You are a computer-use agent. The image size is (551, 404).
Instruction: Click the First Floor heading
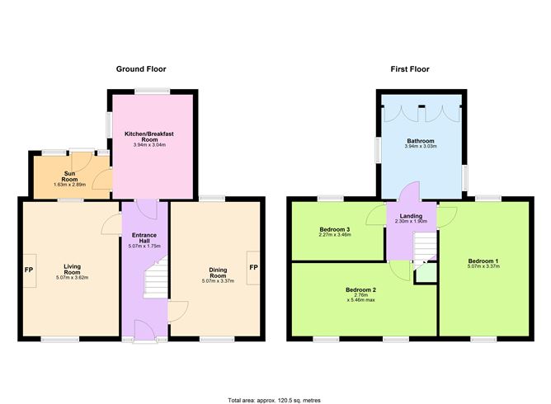coord(409,69)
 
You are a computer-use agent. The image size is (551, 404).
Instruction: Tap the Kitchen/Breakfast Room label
coord(155,136)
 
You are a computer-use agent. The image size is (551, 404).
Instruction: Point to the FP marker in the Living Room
coord(29,270)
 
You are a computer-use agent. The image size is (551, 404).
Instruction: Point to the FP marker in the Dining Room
coord(253,268)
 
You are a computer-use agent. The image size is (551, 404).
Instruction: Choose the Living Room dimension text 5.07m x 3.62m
coord(73,277)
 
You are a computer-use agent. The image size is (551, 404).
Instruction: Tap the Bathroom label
coord(420,141)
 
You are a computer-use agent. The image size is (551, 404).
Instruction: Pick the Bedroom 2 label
coord(360,289)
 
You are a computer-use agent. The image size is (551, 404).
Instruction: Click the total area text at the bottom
coord(275,399)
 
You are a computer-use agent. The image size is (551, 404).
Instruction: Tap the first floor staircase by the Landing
coord(423,247)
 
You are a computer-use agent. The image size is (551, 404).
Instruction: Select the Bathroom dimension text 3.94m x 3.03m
coord(420,148)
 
